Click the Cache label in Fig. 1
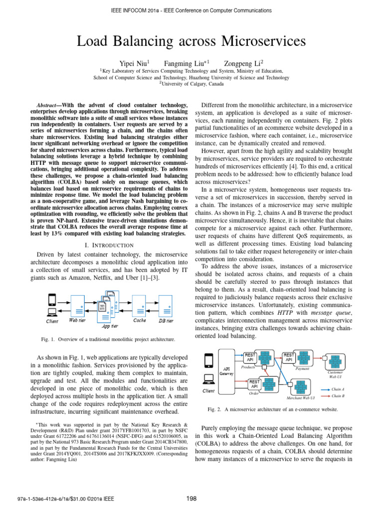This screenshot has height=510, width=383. point(139,321)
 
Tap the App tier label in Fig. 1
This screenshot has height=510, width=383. point(110,326)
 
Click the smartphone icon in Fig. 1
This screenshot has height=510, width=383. point(51,300)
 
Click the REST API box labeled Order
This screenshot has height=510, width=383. point(254,384)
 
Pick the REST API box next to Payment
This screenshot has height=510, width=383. point(289,358)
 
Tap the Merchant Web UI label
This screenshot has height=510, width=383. point(300,398)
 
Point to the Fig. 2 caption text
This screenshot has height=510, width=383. point(272,409)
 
